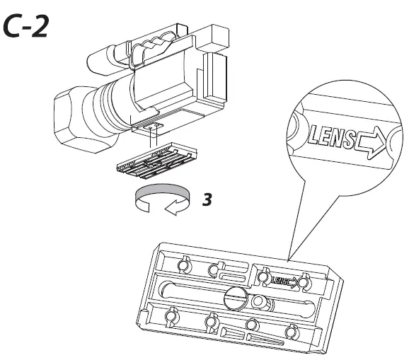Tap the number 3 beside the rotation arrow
click(x=207, y=199)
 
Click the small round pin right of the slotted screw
click(x=260, y=301)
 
